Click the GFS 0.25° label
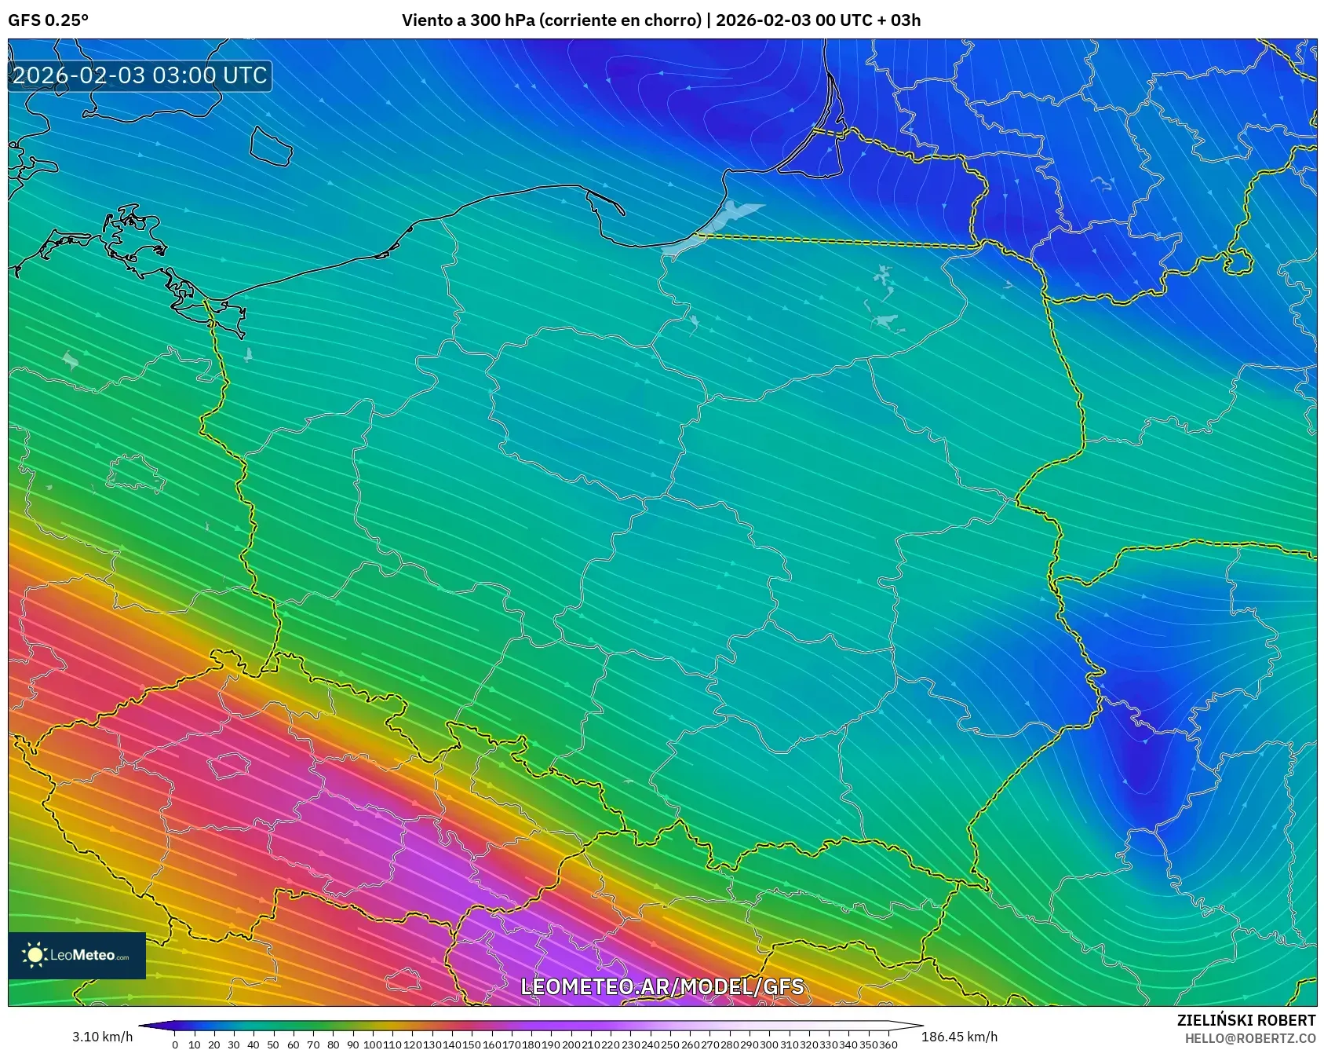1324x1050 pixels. [x=48, y=20]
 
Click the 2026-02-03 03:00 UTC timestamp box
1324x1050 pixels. [x=140, y=75]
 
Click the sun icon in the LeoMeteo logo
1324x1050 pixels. [x=35, y=955]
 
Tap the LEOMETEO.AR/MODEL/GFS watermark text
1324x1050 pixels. [x=662, y=986]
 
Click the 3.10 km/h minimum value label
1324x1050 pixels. [x=102, y=1037]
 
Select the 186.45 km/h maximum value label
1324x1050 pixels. [x=959, y=1037]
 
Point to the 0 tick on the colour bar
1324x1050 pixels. [x=175, y=1045]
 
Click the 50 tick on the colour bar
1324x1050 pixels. [x=273, y=1045]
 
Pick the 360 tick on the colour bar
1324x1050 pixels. [x=888, y=1045]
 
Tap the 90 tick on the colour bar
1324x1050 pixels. [x=352, y=1045]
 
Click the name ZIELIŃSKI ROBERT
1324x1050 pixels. [x=1246, y=1020]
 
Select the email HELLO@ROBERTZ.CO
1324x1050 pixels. [x=1249, y=1038]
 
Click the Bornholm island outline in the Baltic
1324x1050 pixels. [x=271, y=146]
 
